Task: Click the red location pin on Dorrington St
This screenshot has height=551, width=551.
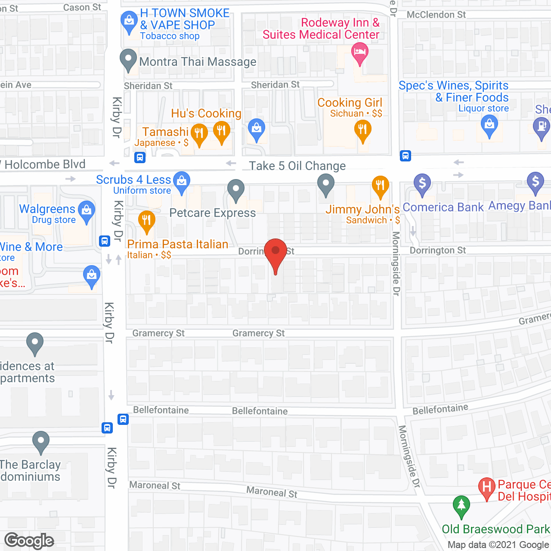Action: (x=275, y=251)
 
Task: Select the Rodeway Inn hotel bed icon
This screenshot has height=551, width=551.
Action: (x=359, y=54)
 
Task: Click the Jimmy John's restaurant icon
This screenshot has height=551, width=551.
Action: (x=380, y=186)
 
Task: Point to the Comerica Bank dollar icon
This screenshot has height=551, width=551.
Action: (x=422, y=183)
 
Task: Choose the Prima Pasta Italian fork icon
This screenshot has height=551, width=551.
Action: (x=146, y=220)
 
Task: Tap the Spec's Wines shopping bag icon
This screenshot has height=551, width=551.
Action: (x=489, y=125)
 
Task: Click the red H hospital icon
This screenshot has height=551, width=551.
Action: (x=487, y=487)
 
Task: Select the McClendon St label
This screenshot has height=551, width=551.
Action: (x=436, y=15)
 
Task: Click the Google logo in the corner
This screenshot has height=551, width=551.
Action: (x=29, y=541)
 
